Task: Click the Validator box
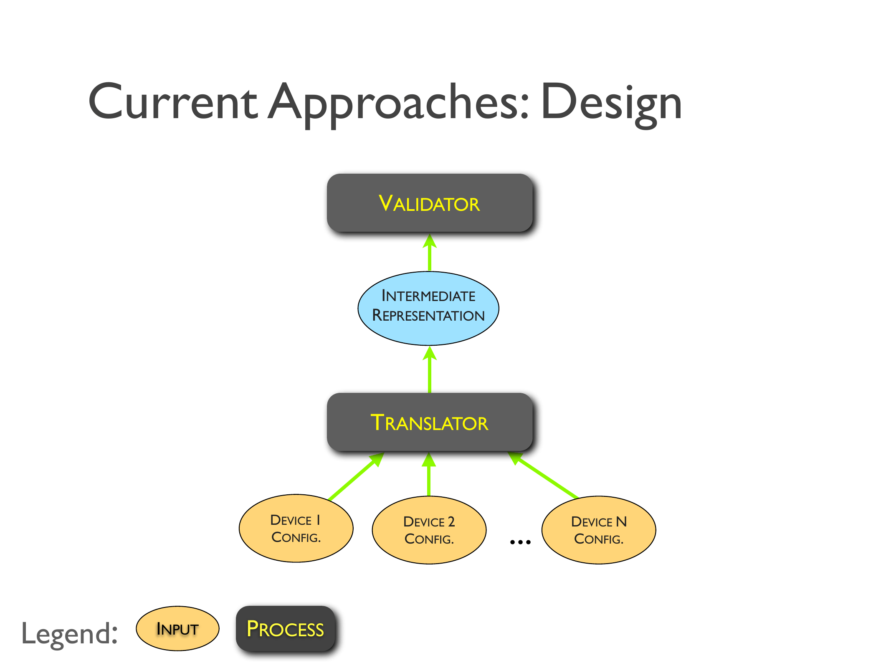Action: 429,203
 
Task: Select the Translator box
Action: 429,422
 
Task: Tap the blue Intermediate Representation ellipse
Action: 428,308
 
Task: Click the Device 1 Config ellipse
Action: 296,529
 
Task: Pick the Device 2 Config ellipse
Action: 429,530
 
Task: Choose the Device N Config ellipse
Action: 598,530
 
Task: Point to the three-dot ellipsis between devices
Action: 520,542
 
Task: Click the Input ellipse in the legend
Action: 177,629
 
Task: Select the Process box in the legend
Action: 286,629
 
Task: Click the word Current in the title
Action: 173,102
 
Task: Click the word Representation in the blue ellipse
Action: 428,316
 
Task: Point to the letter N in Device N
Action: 621,521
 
